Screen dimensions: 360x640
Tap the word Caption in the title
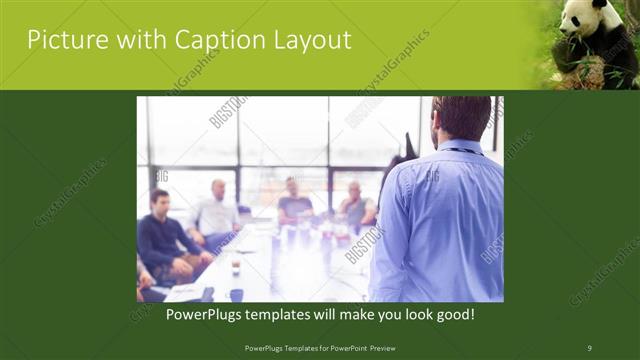(x=202, y=40)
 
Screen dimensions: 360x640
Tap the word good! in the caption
(x=452, y=314)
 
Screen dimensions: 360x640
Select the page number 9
(x=589, y=348)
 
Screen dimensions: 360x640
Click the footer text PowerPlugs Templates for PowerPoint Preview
(x=319, y=348)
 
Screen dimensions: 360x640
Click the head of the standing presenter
(x=462, y=118)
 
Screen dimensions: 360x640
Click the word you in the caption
(x=379, y=314)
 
